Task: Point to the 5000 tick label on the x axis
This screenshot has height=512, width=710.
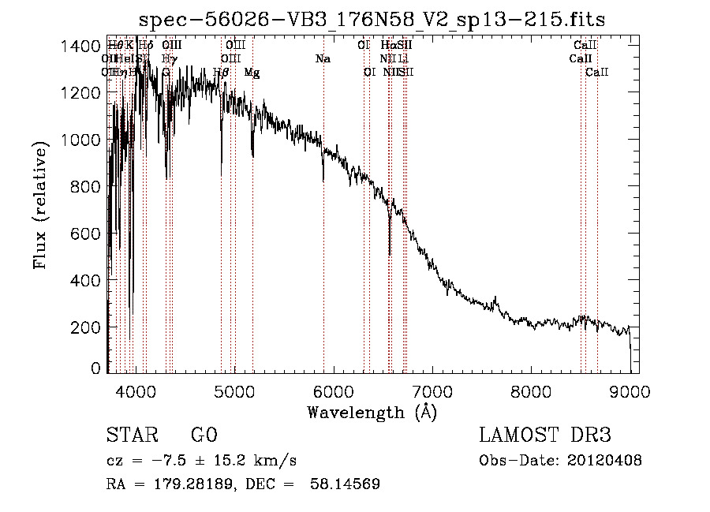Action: click(x=234, y=390)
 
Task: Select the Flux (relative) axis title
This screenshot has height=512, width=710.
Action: click(x=42, y=205)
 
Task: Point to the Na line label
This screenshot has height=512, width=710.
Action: click(x=323, y=59)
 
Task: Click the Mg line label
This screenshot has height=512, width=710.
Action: click(x=252, y=73)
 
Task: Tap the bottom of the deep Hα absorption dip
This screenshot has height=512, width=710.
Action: click(x=390, y=254)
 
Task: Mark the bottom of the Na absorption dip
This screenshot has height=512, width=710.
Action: click(x=323, y=181)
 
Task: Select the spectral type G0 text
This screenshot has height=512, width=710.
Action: click(x=204, y=435)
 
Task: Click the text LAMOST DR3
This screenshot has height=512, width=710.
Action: click(x=545, y=435)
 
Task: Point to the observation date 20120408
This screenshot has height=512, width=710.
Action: click(x=603, y=461)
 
